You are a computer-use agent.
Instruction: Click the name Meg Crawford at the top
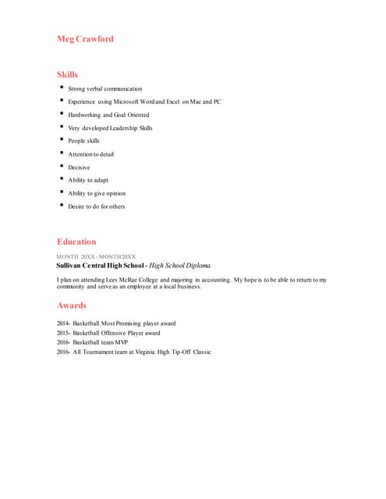click(85, 39)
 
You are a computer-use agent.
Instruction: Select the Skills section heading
click(67, 75)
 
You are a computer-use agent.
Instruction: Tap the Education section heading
click(76, 242)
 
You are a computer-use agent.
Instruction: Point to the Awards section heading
click(71, 306)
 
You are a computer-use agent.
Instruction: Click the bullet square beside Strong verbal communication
click(61, 88)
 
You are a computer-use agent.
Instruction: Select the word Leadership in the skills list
click(124, 128)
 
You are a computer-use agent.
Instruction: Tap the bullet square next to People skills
click(61, 140)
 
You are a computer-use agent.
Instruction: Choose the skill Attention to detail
click(90, 154)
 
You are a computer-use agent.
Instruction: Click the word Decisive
click(79, 167)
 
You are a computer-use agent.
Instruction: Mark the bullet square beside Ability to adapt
click(61, 179)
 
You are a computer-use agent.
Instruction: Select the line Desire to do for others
click(96, 207)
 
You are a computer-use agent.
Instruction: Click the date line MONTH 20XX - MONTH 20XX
click(96, 257)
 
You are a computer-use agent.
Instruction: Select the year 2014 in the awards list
click(62, 324)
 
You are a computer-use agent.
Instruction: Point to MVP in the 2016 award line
click(122, 342)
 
